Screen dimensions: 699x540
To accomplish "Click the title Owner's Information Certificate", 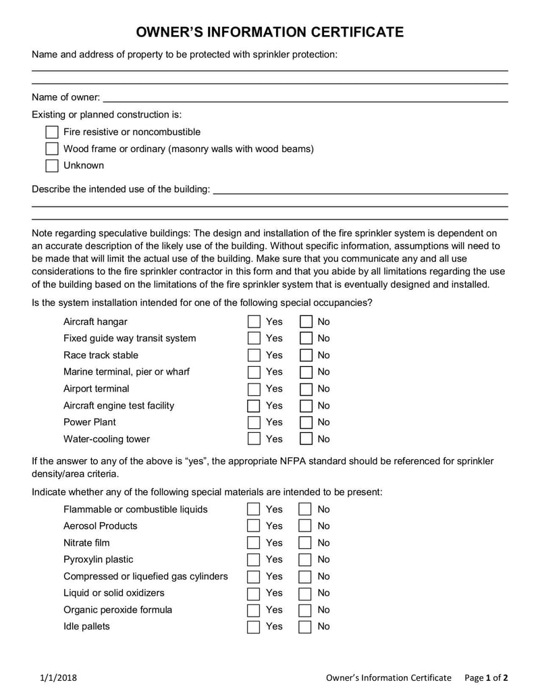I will click(270, 32).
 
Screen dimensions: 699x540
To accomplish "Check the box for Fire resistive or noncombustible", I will click(52, 132).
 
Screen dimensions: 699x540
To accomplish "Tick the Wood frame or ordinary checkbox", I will click(52, 149).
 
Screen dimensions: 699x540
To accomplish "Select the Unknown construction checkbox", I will click(52, 165).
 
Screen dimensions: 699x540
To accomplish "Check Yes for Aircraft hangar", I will click(254, 321).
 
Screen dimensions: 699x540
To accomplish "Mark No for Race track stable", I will click(306, 355).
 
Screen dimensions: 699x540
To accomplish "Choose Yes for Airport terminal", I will click(254, 389).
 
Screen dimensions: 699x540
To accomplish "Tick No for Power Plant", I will click(306, 422).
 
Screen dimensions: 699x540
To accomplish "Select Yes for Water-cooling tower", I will click(254, 439).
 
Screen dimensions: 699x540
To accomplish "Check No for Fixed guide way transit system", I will click(306, 338).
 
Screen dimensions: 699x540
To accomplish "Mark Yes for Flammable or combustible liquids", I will click(254, 509).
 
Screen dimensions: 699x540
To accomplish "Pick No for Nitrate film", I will click(306, 543).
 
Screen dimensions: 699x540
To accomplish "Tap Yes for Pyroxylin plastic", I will click(254, 560).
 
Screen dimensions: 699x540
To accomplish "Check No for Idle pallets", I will click(306, 627).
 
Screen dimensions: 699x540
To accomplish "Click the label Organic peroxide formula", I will click(117, 610).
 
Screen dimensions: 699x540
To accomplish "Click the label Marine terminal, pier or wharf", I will click(126, 372).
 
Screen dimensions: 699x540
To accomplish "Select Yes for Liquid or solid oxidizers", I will click(254, 594).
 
